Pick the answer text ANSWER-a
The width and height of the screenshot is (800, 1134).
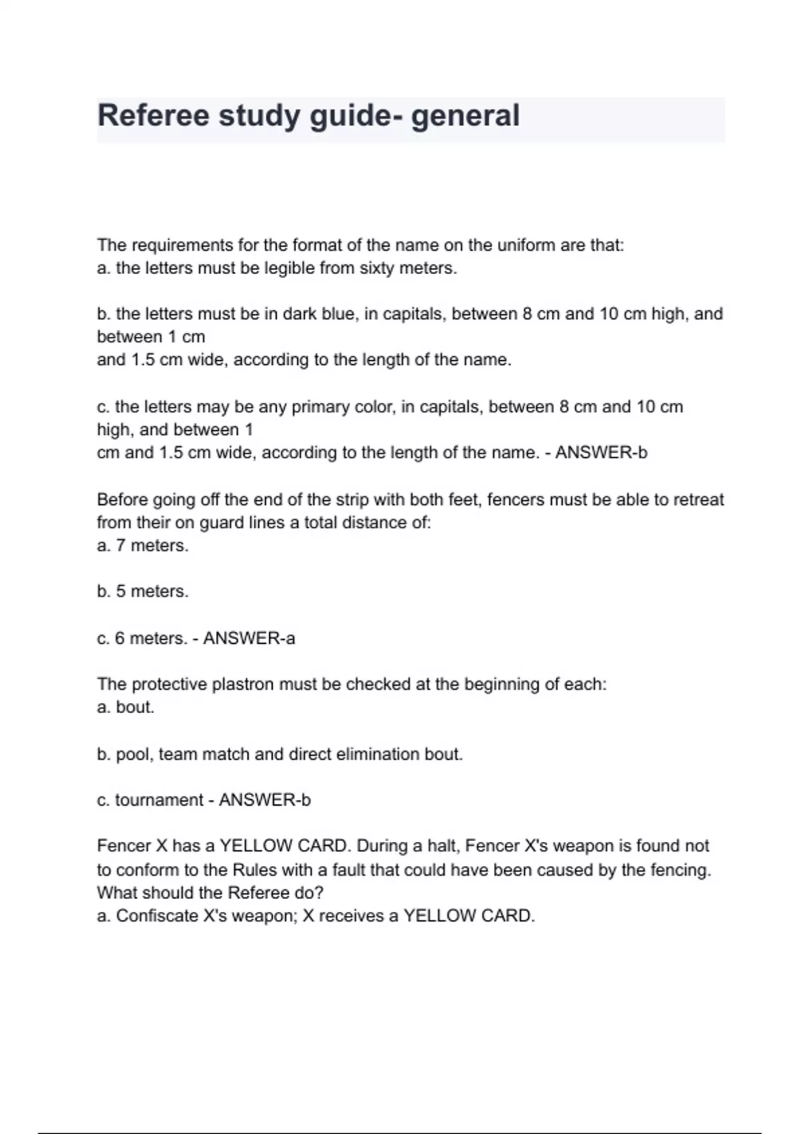click(249, 638)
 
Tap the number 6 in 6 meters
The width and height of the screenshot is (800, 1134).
click(120, 638)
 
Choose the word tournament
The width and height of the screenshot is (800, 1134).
click(159, 800)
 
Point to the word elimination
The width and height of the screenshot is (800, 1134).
click(376, 754)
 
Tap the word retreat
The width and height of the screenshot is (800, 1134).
click(699, 500)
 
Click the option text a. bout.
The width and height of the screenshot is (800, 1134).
click(126, 707)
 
